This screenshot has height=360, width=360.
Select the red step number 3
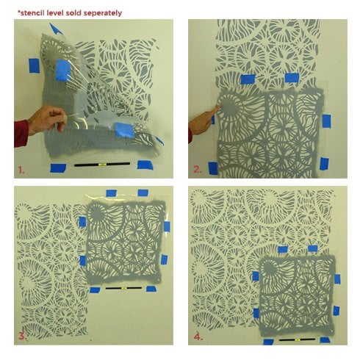pyautogui.click(x=21, y=336)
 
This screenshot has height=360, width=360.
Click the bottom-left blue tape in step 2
pyautogui.click(x=213, y=168)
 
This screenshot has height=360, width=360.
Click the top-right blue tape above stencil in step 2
pyautogui.click(x=292, y=76)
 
